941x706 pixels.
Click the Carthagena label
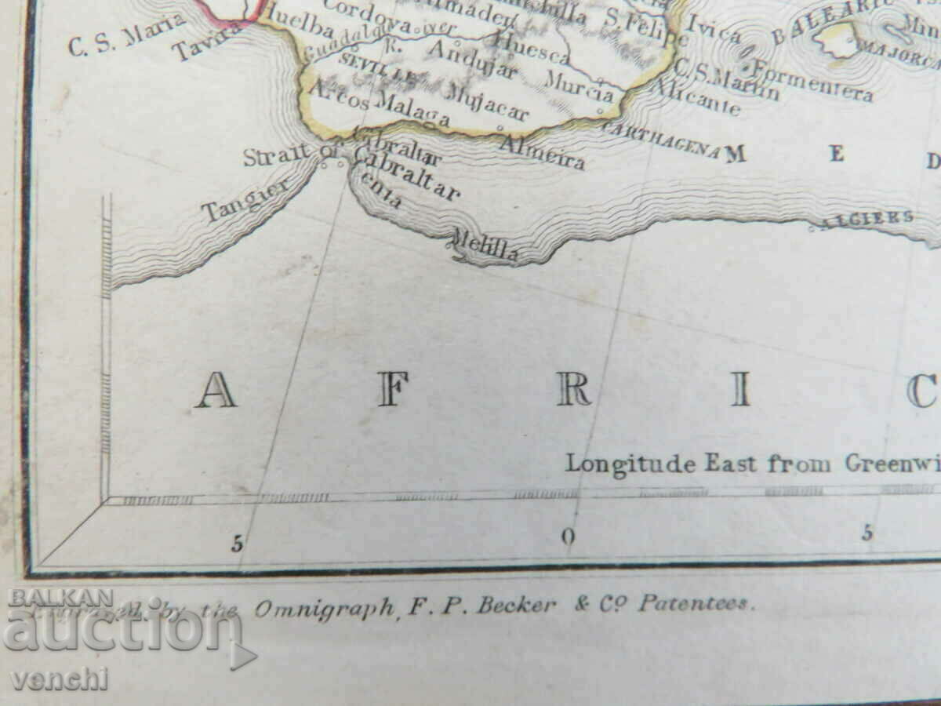tap(662, 140)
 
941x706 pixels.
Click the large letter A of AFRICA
tap(216, 390)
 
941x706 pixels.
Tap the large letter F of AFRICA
tap(393, 390)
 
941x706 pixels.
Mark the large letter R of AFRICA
tap(574, 390)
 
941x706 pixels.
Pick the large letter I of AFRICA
tap(740, 390)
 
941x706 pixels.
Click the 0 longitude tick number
tap(569, 537)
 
